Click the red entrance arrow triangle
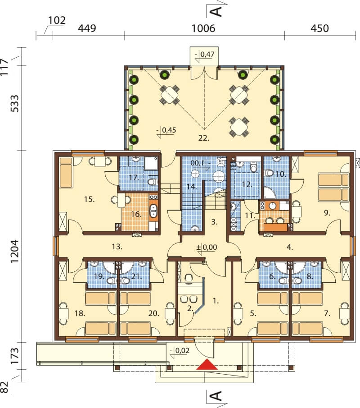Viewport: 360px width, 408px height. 207,364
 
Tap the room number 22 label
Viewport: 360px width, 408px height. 204,138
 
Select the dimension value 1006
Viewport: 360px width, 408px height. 203,28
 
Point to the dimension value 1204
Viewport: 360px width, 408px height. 14,251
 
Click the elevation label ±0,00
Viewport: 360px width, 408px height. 207,247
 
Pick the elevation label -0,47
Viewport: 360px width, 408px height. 204,55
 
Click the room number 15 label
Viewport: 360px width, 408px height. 90,199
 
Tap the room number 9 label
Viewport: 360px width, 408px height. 327,213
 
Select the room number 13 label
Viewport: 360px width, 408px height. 117,247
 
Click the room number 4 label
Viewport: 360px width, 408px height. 290,247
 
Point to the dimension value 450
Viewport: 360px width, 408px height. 320,28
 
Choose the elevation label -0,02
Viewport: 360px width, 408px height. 180,350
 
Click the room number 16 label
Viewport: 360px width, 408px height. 136,215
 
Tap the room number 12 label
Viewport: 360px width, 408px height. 247,184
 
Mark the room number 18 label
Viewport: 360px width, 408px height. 80,313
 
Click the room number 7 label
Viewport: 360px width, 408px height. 327,313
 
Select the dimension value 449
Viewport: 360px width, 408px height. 87,28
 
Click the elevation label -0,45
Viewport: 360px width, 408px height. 166,130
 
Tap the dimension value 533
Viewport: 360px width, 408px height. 14,104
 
